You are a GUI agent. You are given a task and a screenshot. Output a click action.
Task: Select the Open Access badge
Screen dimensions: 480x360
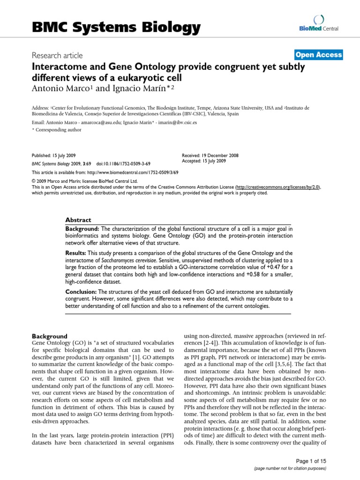tap(318, 55)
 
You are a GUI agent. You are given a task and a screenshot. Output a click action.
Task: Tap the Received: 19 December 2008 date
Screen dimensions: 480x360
tap(210, 155)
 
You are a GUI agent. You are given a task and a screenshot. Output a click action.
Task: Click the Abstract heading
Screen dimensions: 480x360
tap(78, 220)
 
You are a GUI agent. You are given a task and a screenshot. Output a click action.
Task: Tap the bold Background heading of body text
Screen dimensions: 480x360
tap(49, 336)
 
